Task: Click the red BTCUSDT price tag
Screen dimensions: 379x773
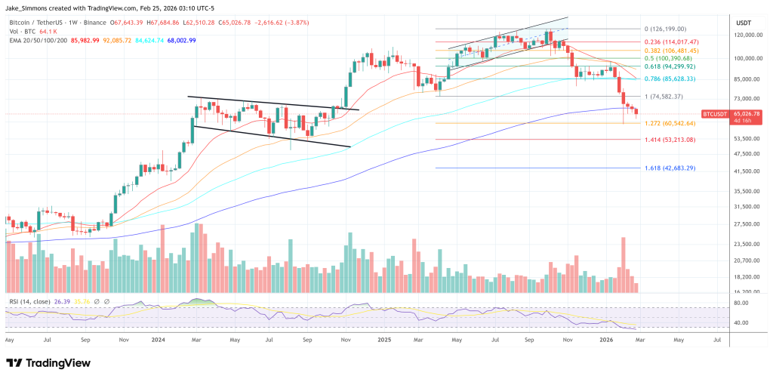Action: tap(714, 113)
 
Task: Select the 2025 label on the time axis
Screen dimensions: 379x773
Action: tap(386, 340)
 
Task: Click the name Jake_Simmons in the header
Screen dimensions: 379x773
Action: tap(27, 6)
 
